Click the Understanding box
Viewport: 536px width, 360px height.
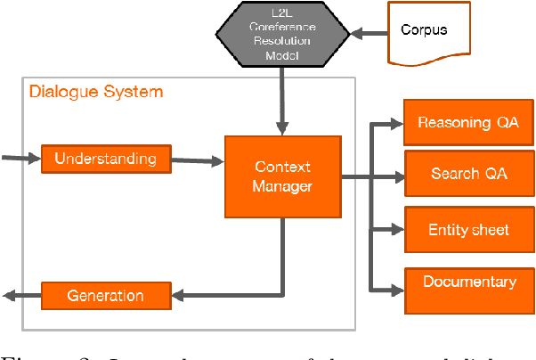coord(105,160)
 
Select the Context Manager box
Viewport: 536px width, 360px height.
coord(282,176)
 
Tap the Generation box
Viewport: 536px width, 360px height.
coord(105,296)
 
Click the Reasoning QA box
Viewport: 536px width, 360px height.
coord(468,123)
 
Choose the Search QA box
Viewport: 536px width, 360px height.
coord(468,174)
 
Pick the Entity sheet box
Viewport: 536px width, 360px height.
coord(468,230)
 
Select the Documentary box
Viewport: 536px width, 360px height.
coord(468,282)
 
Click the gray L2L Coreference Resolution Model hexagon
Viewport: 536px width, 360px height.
coord(282,33)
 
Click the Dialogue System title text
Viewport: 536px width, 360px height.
coord(96,92)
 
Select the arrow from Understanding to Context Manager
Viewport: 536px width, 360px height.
coord(198,161)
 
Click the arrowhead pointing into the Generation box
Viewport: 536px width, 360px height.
coord(177,296)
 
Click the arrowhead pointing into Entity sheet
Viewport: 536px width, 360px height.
coord(398,231)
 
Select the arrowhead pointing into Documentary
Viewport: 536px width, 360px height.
coord(398,290)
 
